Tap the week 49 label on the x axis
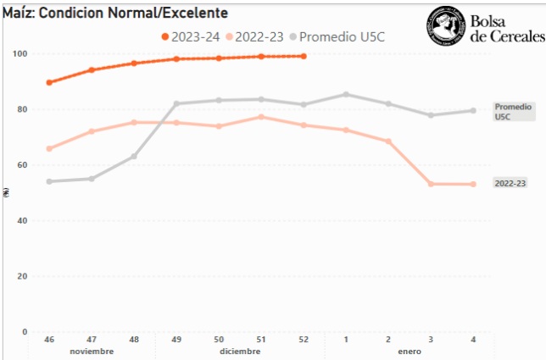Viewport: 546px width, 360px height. click(x=176, y=339)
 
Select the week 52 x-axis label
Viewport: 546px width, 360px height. click(x=304, y=339)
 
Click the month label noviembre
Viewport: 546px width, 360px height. click(x=92, y=351)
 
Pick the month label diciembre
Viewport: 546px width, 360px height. click(x=240, y=351)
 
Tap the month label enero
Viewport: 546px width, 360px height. click(x=409, y=351)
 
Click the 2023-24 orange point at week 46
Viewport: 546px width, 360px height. click(x=49, y=82)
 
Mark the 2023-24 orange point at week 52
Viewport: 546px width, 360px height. click(x=304, y=56)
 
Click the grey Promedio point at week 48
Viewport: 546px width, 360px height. click(x=134, y=156)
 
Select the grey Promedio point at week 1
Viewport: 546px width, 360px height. click(x=346, y=94)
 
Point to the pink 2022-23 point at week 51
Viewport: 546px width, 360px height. click(x=261, y=117)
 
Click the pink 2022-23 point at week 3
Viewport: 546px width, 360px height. click(x=431, y=184)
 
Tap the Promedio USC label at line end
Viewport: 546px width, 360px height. click(x=513, y=112)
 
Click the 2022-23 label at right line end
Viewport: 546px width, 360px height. click(x=510, y=183)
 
